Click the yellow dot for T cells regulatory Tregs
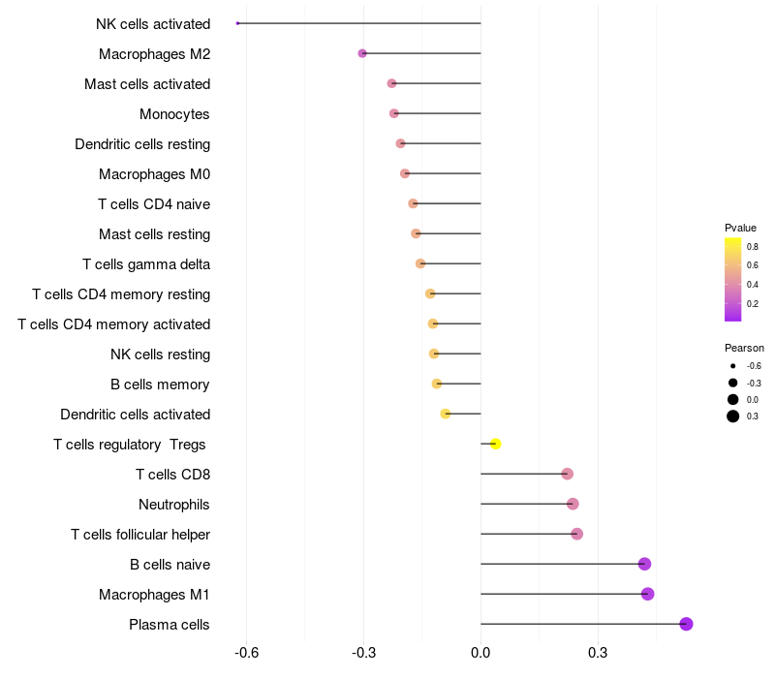pyautogui.click(x=495, y=444)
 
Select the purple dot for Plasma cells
pyautogui.click(x=686, y=624)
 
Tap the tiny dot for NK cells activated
pyautogui.click(x=237, y=23)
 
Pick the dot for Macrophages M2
pyautogui.click(x=362, y=53)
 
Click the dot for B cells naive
pyautogui.click(x=644, y=564)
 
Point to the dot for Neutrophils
pyautogui.click(x=573, y=504)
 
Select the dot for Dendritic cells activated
pyautogui.click(x=446, y=414)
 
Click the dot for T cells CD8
pyautogui.click(x=567, y=474)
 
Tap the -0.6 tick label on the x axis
pyautogui.click(x=246, y=653)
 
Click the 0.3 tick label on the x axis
pyautogui.click(x=598, y=653)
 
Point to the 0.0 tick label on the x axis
pyautogui.click(x=480, y=653)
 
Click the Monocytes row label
pyautogui.click(x=174, y=114)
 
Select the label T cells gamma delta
pyautogui.click(x=146, y=264)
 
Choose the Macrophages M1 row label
pyautogui.click(x=154, y=595)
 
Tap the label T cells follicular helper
pyautogui.click(x=140, y=535)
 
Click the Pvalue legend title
pyautogui.click(x=740, y=228)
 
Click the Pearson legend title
pyautogui.click(x=744, y=348)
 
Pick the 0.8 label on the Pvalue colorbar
pyautogui.click(x=753, y=247)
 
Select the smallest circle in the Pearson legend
pyautogui.click(x=732, y=366)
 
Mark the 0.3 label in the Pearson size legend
pyautogui.click(x=753, y=416)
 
